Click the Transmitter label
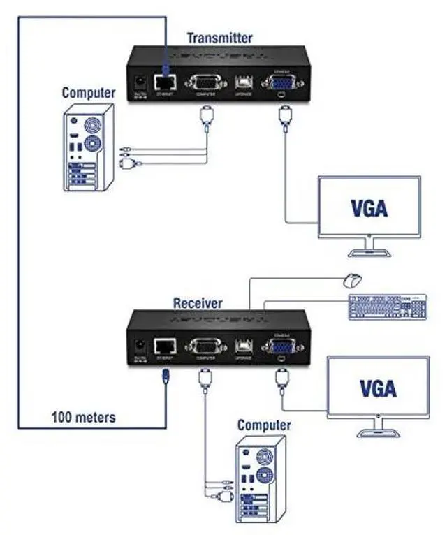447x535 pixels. point(219,38)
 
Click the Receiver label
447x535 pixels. point(198,303)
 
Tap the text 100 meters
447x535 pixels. point(83,418)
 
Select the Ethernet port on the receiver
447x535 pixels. point(165,344)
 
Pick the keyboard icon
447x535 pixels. point(386,307)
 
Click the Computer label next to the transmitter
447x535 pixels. point(89,92)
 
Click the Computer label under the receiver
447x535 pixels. point(264,425)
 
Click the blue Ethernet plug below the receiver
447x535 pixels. point(165,376)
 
